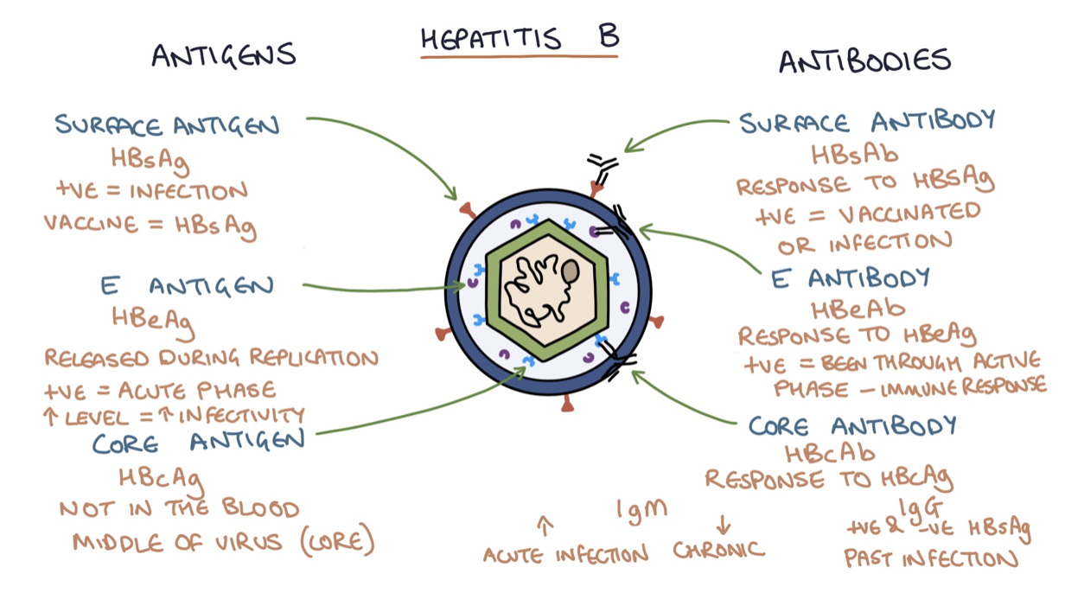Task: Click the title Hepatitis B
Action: pyautogui.click(x=520, y=38)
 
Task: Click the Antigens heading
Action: pyautogui.click(x=224, y=55)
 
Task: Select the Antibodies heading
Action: pyautogui.click(x=864, y=61)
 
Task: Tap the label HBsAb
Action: pyautogui.click(x=854, y=154)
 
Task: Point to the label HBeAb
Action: pyautogui.click(x=858, y=308)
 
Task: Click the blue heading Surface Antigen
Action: pyautogui.click(x=167, y=125)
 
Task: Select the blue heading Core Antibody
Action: pyautogui.click(x=852, y=425)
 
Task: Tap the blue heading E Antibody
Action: pyautogui.click(x=851, y=277)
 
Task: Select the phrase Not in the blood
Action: pyautogui.click(x=179, y=509)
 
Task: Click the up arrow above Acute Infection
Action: pyautogui.click(x=545, y=525)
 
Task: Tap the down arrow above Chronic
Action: pyautogui.click(x=724, y=524)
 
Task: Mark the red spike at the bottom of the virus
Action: pyautogui.click(x=566, y=403)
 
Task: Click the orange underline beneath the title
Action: pyautogui.click(x=520, y=57)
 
